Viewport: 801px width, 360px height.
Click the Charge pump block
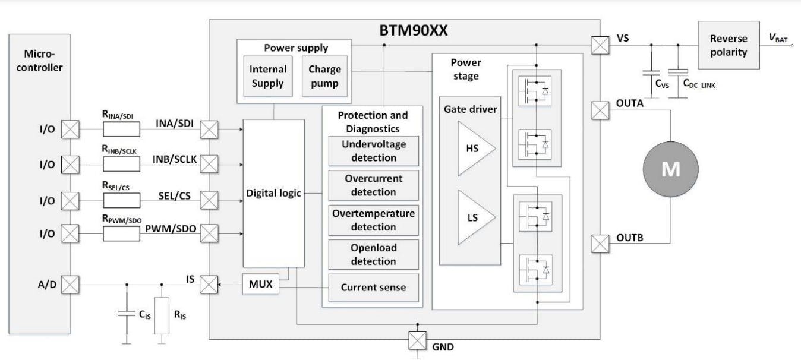(x=324, y=76)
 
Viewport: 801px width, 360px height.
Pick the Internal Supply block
(x=267, y=76)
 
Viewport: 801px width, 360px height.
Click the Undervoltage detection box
(x=373, y=151)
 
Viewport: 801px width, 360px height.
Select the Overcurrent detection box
(x=373, y=185)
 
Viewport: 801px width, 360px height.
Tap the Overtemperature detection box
(x=373, y=220)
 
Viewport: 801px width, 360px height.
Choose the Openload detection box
(x=373, y=254)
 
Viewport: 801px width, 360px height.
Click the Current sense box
(x=373, y=287)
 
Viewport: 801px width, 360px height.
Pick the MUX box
(x=260, y=285)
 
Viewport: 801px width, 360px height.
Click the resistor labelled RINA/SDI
(x=121, y=129)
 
